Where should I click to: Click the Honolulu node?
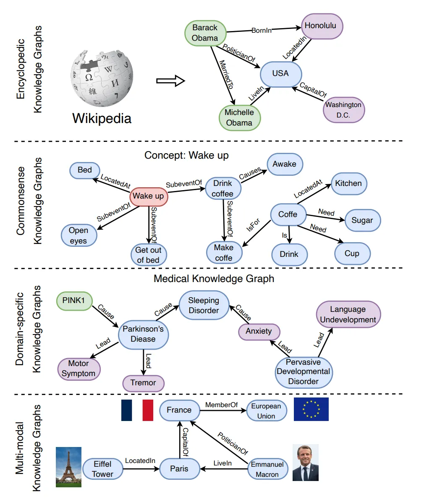[x=322, y=26]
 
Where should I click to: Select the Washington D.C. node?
[x=344, y=110]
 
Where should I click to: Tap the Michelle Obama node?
[x=240, y=118]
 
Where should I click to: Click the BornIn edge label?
[x=261, y=30]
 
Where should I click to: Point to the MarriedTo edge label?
[x=226, y=74]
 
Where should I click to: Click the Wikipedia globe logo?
[x=102, y=78]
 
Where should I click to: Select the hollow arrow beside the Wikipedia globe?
[x=170, y=81]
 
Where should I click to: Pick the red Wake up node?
[x=149, y=196]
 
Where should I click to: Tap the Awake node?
[x=285, y=164]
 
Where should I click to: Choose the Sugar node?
[x=363, y=220]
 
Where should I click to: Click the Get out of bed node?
[x=149, y=255]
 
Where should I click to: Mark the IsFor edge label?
[x=253, y=225]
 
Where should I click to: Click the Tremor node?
[x=143, y=383]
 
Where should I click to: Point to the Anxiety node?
[x=259, y=332]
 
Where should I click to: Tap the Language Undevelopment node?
[x=348, y=314]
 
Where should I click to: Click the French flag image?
[x=137, y=410]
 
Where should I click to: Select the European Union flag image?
[x=311, y=409]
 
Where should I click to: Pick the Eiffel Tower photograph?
[x=68, y=467]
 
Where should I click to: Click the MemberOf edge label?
[x=222, y=405]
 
